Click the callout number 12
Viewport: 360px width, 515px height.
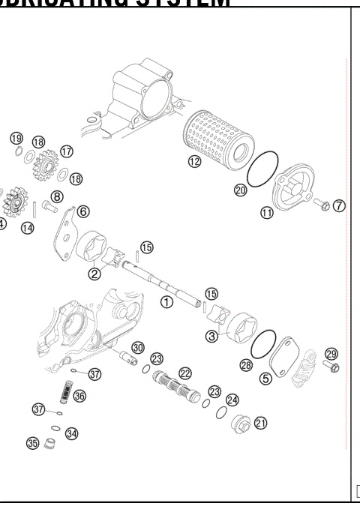(x=194, y=162)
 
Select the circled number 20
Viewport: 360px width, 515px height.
(x=240, y=190)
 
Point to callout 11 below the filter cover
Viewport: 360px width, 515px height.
(x=267, y=213)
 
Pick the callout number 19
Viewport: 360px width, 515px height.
(x=16, y=139)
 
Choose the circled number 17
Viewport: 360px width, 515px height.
(x=67, y=151)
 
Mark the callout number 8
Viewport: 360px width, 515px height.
(x=57, y=197)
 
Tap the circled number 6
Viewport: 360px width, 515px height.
(x=82, y=211)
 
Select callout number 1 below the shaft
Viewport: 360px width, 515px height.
(x=167, y=301)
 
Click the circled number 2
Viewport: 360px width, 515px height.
(x=94, y=274)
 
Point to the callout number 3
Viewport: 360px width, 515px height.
(x=212, y=337)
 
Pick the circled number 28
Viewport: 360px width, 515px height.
(x=245, y=364)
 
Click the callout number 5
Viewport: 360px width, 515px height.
(x=265, y=379)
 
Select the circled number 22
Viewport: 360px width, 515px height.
(x=184, y=373)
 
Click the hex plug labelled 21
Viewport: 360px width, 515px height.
(x=243, y=425)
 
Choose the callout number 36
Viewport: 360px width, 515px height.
(x=79, y=396)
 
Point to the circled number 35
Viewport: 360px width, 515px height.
(x=32, y=443)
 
